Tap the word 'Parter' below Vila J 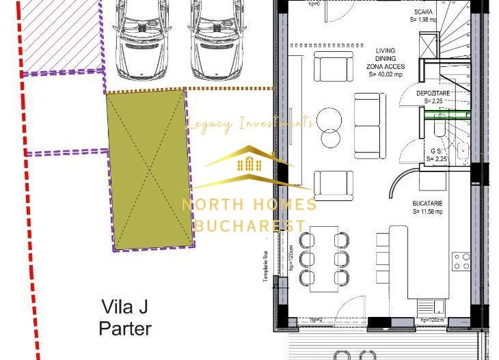125,328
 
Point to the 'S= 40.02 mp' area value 386,75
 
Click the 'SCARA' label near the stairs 422,12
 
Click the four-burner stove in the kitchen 461,261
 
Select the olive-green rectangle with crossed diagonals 148,169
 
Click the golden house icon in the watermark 249,163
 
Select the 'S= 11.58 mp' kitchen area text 429,212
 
